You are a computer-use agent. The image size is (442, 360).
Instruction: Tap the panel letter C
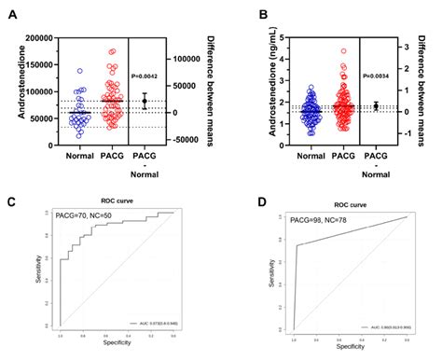(x=12, y=201)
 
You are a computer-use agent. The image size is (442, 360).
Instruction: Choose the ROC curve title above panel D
(x=346, y=201)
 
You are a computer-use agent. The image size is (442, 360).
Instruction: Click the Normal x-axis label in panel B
(x=304, y=156)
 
